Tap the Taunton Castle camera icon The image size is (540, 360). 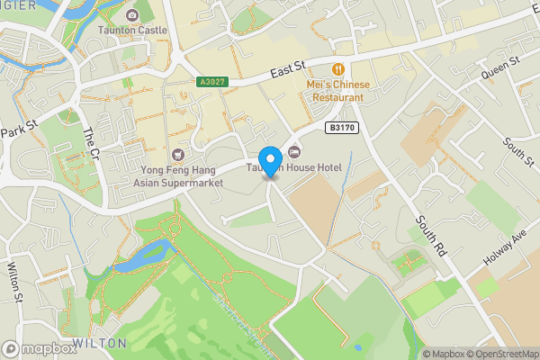[133, 15]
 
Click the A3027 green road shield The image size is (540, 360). [212, 82]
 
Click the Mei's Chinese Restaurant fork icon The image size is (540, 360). [338, 69]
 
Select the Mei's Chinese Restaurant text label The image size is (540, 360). [338, 91]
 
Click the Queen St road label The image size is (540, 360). [500, 67]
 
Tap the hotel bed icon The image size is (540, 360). [294, 150]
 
